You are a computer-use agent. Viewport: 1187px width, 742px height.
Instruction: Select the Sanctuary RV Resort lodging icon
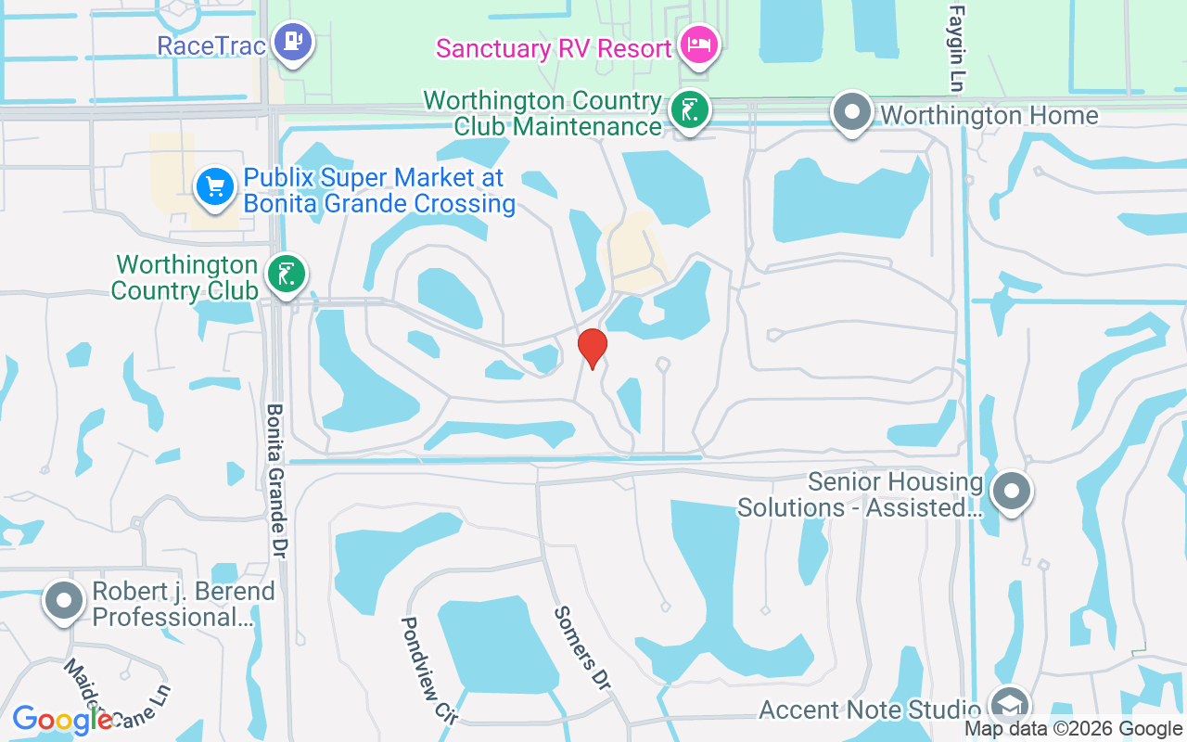pyautogui.click(x=699, y=45)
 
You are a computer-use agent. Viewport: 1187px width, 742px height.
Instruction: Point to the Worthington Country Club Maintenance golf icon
pyautogui.click(x=690, y=110)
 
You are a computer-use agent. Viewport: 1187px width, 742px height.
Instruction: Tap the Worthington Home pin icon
pyautogui.click(x=852, y=112)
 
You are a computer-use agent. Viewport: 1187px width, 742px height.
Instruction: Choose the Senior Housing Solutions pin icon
pyautogui.click(x=1012, y=490)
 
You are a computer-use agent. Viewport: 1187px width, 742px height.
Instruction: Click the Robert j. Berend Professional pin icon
pyautogui.click(x=64, y=600)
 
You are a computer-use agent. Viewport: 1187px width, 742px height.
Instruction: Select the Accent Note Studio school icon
pyautogui.click(x=1008, y=705)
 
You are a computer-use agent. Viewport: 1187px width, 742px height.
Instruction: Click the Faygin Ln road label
pyautogui.click(x=955, y=46)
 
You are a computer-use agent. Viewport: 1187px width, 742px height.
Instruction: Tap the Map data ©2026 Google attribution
pyautogui.click(x=1073, y=729)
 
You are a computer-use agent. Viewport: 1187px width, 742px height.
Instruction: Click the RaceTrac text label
pyautogui.click(x=212, y=45)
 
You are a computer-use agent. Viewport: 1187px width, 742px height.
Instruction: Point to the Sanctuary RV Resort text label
pyautogui.click(x=554, y=48)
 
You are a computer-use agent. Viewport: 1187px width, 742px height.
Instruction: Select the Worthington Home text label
pyautogui.click(x=989, y=116)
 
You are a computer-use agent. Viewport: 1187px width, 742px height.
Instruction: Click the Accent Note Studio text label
pyautogui.click(x=870, y=710)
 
